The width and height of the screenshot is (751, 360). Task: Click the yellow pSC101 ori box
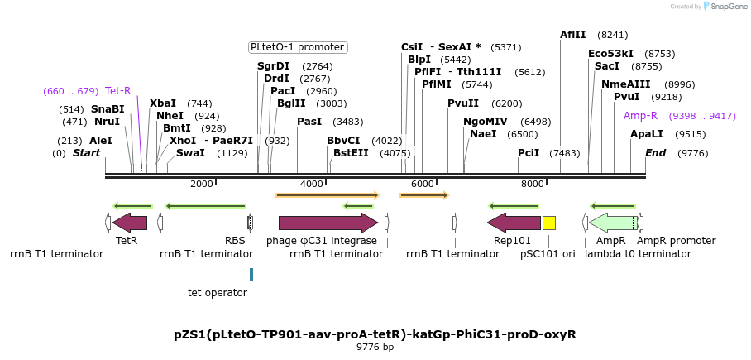pyautogui.click(x=549, y=223)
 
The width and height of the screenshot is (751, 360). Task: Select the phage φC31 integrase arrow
pyautogui.click(x=327, y=223)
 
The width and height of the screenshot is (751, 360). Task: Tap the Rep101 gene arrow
pyautogui.click(x=514, y=223)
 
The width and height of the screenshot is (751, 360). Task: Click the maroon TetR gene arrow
pyautogui.click(x=130, y=223)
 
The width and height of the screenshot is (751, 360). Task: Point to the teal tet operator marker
pyautogui.click(x=251, y=275)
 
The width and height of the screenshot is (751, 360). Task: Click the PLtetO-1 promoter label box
pyautogui.click(x=298, y=47)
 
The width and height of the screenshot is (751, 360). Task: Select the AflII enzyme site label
pyautogui.click(x=572, y=35)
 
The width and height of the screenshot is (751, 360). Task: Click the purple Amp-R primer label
pyautogui.click(x=640, y=116)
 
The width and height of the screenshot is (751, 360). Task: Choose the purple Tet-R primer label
pyautogui.click(x=117, y=91)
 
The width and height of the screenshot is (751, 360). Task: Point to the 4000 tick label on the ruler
pyautogui.click(x=312, y=184)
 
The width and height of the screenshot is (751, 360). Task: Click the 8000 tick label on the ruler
pyautogui.click(x=533, y=184)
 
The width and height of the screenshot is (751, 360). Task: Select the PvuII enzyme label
pyautogui.click(x=463, y=103)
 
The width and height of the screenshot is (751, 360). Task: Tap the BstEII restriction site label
pyautogui.click(x=351, y=153)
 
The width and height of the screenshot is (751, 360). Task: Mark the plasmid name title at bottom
pyautogui.click(x=375, y=334)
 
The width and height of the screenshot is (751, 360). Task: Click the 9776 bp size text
pyautogui.click(x=375, y=348)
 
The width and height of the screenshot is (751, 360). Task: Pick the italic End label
pyautogui.click(x=655, y=153)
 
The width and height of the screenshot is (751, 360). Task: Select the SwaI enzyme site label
pyautogui.click(x=190, y=153)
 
